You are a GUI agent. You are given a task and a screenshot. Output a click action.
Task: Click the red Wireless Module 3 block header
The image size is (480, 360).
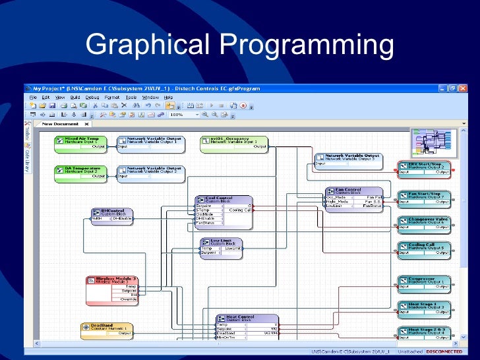[x=112, y=280]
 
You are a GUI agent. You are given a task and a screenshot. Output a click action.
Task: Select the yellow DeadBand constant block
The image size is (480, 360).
[x=105, y=327]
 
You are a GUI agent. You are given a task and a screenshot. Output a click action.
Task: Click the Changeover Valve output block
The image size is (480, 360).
[x=425, y=220]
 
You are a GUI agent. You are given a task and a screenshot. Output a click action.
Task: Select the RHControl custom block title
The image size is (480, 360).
[x=112, y=212]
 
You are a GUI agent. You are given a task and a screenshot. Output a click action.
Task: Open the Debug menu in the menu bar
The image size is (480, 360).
[x=92, y=97]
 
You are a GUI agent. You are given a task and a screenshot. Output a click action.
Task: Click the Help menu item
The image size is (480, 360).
[x=168, y=97]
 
